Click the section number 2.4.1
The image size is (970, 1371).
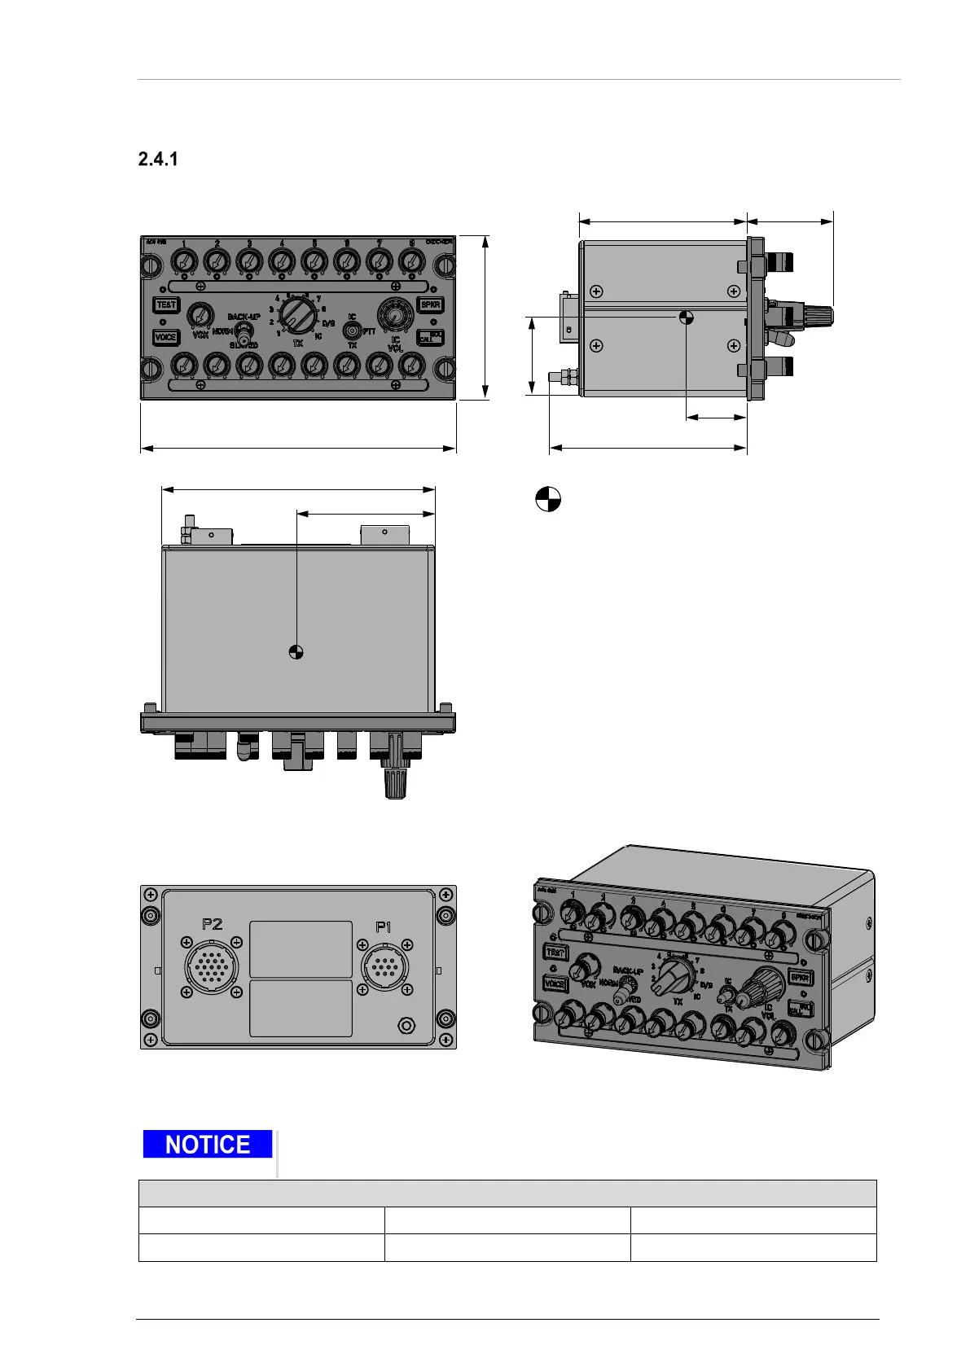pos(158,160)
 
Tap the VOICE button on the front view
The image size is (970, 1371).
pos(165,337)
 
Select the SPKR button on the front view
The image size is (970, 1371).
pos(430,304)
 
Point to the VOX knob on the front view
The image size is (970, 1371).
pos(198,315)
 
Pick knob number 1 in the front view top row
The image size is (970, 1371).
pos(185,261)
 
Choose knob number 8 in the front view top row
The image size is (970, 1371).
pos(412,261)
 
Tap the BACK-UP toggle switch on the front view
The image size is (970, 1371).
pos(244,335)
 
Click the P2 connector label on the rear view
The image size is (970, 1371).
pos(212,924)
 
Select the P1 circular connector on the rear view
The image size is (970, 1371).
pos(384,966)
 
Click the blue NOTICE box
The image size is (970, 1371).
pos(208,1145)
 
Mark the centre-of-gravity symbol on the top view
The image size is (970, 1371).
pos(296,650)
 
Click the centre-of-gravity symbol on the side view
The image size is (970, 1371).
pos(687,317)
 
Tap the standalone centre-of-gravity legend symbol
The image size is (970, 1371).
pos(548,499)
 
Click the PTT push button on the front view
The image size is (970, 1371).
pos(352,331)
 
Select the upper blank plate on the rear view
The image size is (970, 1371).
pos(301,949)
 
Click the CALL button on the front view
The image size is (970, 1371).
pos(430,337)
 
